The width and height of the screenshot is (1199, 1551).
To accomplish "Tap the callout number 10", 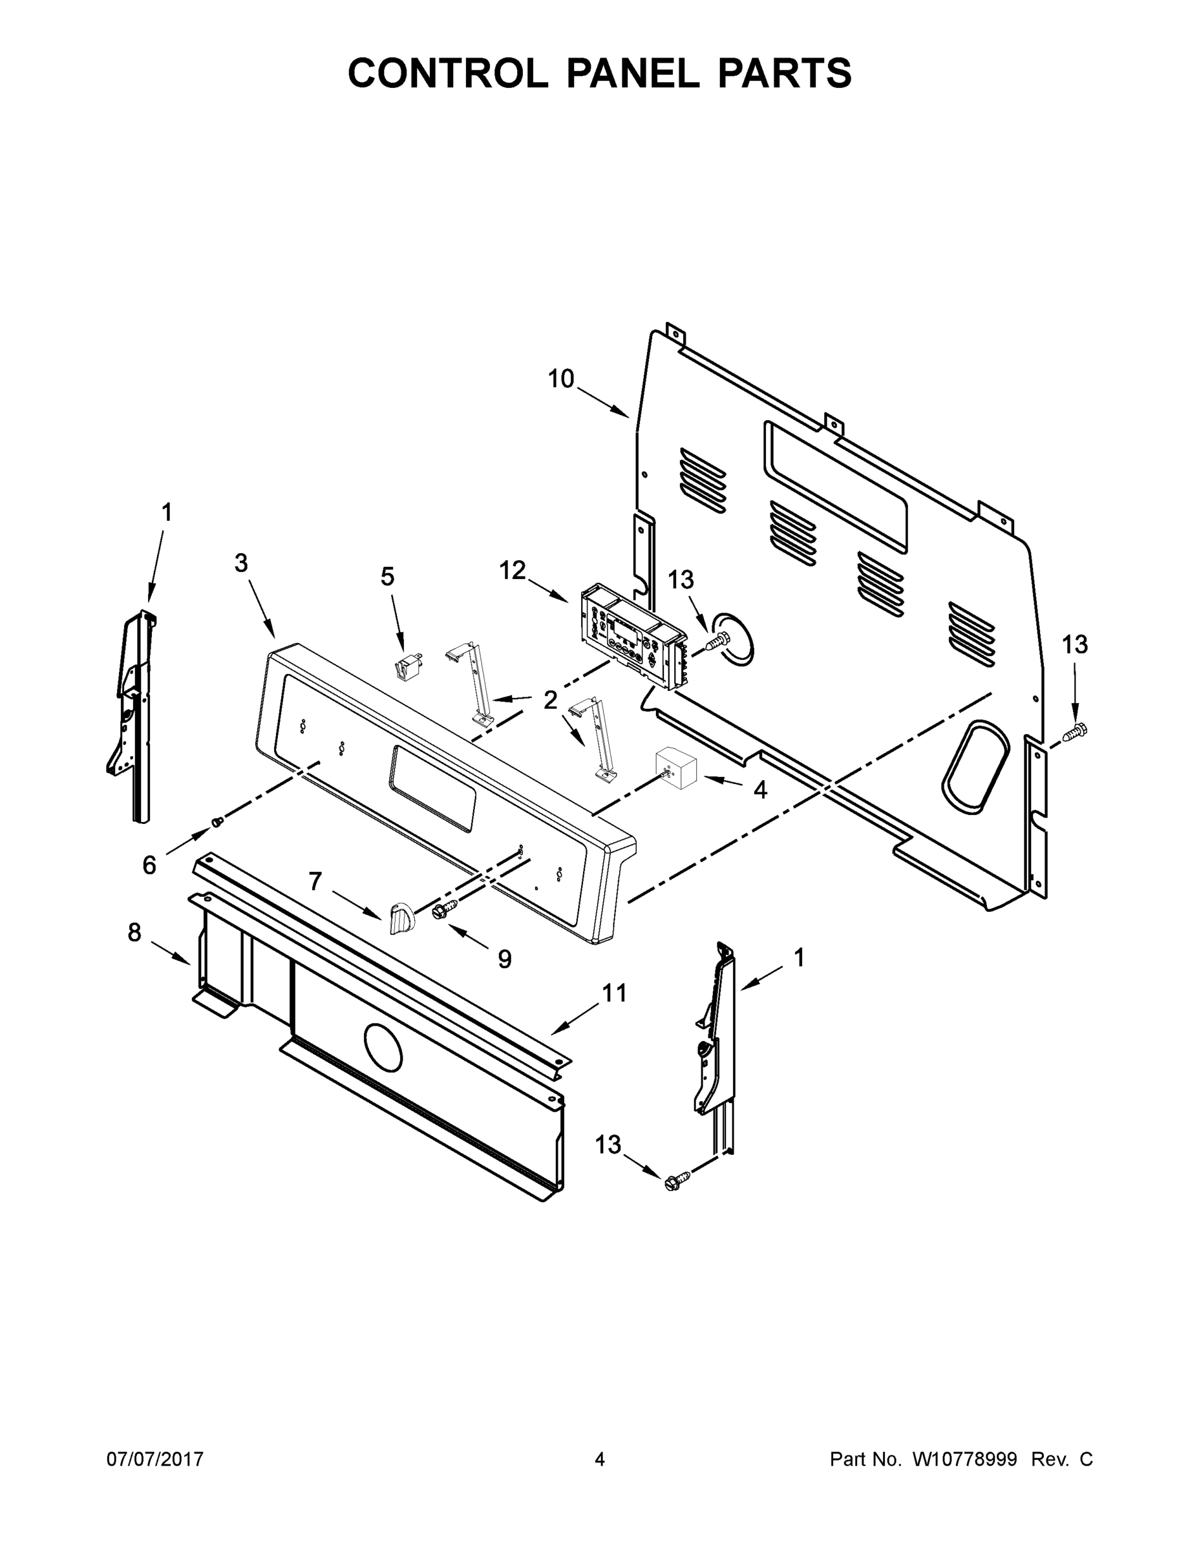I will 560,379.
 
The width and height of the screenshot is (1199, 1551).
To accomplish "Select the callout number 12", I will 512,570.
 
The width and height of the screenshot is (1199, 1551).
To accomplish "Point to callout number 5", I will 387,576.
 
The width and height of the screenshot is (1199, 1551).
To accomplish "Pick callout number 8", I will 135,933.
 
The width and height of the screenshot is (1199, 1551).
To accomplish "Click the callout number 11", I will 615,993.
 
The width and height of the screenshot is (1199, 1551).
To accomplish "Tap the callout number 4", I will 760,789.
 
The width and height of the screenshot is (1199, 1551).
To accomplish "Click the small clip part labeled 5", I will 408,669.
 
